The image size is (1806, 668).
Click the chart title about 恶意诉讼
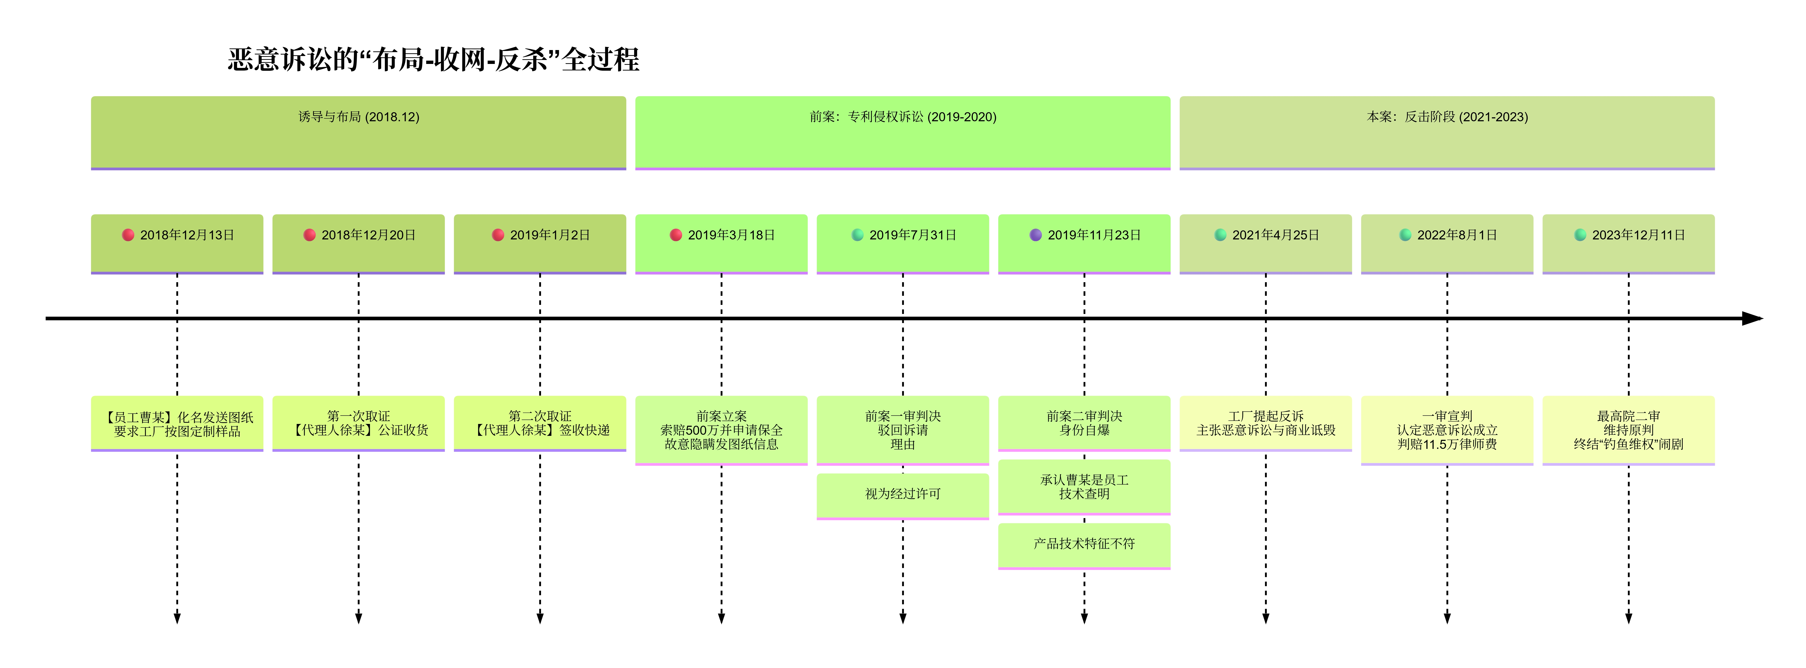tap(433, 60)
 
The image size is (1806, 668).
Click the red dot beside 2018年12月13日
tap(128, 235)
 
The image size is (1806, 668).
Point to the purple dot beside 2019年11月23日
tap(1035, 235)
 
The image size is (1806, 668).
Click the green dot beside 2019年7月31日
tap(857, 235)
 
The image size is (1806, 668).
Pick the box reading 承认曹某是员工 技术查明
tap(1084, 487)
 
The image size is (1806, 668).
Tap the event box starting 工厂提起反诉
tap(1265, 423)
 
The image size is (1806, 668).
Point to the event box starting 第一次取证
tap(358, 423)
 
